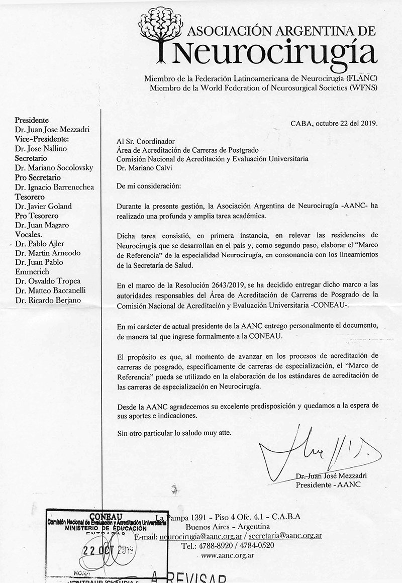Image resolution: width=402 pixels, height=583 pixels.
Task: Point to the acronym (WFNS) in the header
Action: (x=364, y=87)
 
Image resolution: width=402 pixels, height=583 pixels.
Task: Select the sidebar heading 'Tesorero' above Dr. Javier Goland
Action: (x=30, y=197)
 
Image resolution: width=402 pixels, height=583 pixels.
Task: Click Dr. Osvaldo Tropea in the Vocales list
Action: (x=47, y=281)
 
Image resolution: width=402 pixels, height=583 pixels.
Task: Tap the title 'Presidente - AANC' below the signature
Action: (x=328, y=485)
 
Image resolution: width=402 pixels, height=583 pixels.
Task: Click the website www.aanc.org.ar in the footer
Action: (x=227, y=555)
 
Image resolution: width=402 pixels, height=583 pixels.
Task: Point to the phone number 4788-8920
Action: (x=214, y=546)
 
